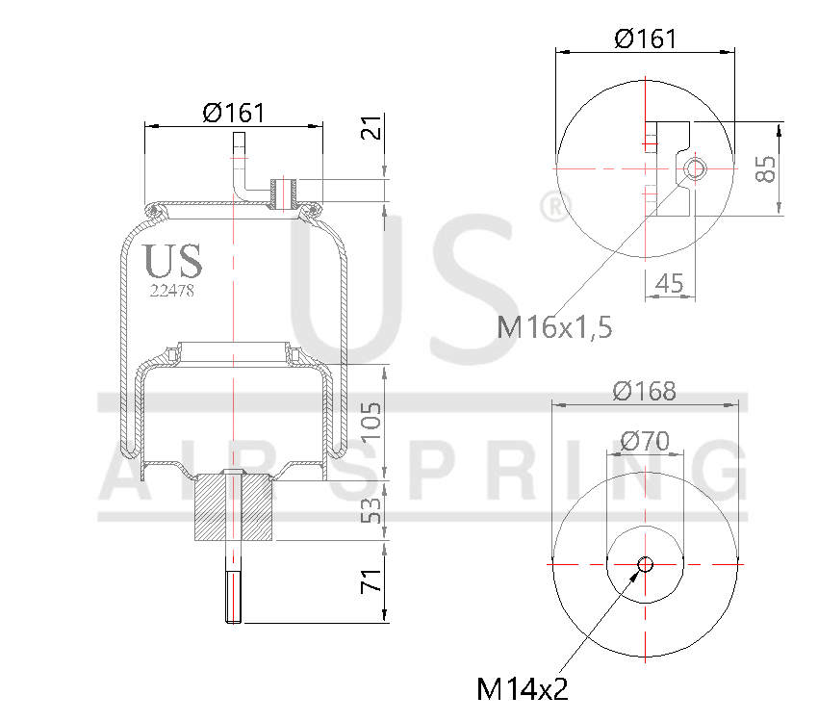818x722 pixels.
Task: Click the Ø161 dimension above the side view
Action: click(x=234, y=113)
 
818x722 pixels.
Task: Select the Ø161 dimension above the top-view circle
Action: click(x=645, y=39)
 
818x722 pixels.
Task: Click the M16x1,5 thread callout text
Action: click(x=555, y=327)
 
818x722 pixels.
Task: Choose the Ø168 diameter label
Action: click(x=645, y=392)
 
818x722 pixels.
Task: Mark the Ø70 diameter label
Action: click(x=645, y=441)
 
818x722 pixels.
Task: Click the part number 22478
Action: click(x=172, y=290)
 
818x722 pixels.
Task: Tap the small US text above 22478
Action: click(x=172, y=261)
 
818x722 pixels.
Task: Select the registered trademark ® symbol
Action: click(x=551, y=206)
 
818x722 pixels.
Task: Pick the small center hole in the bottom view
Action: click(x=645, y=563)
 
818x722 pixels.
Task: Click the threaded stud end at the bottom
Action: click(x=234, y=597)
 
